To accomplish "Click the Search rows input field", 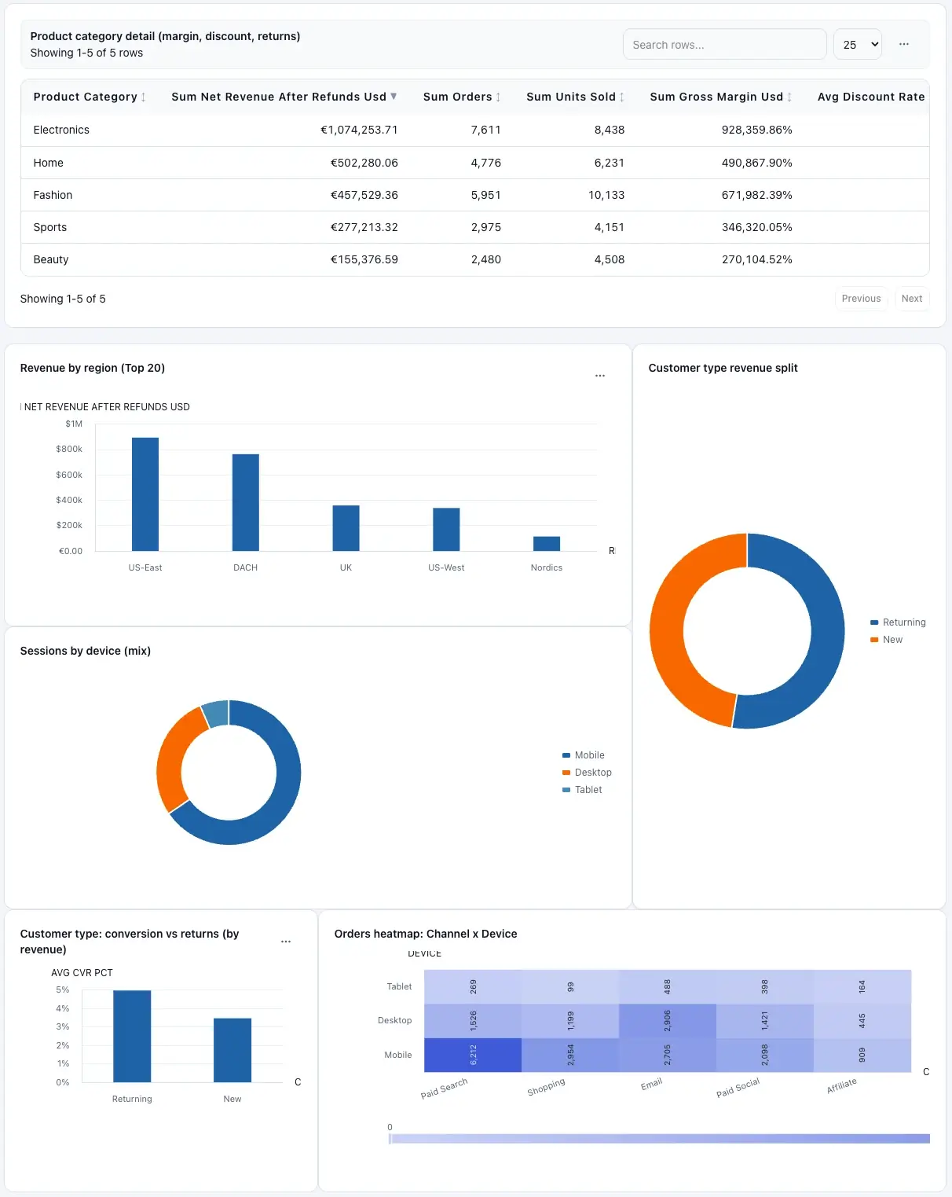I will click(x=723, y=45).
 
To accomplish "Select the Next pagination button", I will click(x=911, y=299).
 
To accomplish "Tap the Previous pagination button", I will click(x=861, y=299).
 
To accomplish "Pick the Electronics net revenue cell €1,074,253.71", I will click(x=359, y=130).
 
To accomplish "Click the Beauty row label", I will click(x=51, y=259).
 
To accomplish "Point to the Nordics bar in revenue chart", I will click(x=547, y=543).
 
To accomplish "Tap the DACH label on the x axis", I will click(x=245, y=567).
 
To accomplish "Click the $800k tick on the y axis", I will click(x=69, y=449).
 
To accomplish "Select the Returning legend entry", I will click(x=903, y=622).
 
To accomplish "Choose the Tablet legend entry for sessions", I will click(x=588, y=790).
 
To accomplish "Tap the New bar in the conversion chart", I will click(x=233, y=1050).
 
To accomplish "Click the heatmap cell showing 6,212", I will click(x=473, y=1055).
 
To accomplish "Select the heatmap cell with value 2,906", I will click(x=667, y=1020).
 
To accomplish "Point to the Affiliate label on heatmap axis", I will click(x=841, y=1086).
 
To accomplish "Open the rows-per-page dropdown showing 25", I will click(x=857, y=45).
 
